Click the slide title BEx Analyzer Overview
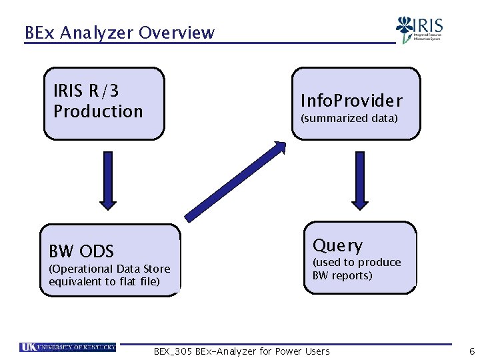(x=119, y=32)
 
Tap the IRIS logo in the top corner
(x=419, y=29)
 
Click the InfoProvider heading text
(x=351, y=101)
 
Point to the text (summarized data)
(x=349, y=118)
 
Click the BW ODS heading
(x=81, y=251)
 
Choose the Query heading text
(x=338, y=245)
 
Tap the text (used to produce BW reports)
(x=357, y=269)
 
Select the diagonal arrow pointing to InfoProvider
(x=236, y=181)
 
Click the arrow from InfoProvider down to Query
(x=358, y=179)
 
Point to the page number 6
(x=471, y=351)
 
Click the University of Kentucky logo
(x=68, y=347)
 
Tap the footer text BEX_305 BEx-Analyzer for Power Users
(x=241, y=351)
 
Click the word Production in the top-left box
(x=98, y=111)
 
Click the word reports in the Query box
(x=357, y=275)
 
